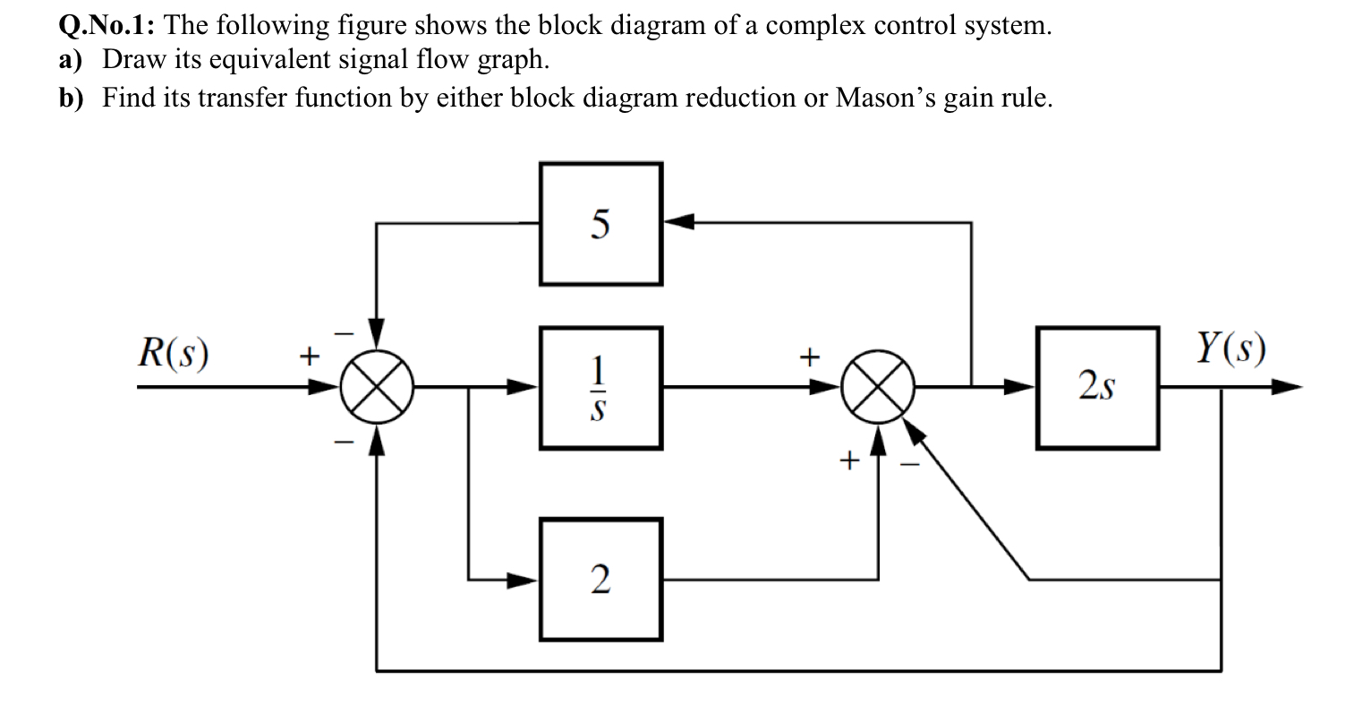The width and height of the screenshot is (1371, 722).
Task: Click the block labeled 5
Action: [x=600, y=223]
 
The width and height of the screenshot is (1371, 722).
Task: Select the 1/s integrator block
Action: [x=600, y=388]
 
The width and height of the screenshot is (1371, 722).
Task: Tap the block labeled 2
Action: [x=600, y=580]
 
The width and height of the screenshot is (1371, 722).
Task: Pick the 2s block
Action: [x=1097, y=388]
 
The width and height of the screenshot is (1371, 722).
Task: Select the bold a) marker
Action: [x=71, y=61]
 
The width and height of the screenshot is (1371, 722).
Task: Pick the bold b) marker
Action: [x=71, y=97]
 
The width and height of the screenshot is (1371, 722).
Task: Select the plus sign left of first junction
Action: [x=307, y=357]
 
